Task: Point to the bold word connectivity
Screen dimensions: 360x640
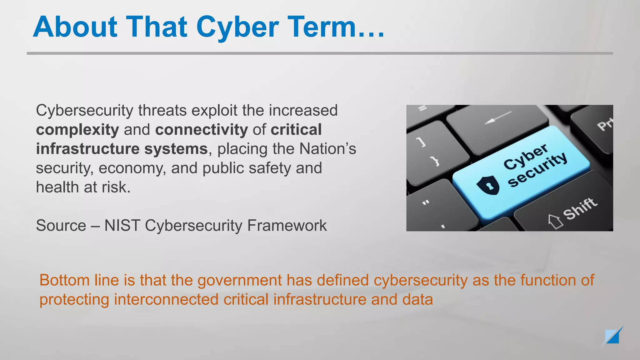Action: tap(201, 130)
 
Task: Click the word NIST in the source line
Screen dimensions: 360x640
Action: tap(122, 226)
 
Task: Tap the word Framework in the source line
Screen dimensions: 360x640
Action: tap(287, 226)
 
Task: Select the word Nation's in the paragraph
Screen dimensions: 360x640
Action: tap(327, 149)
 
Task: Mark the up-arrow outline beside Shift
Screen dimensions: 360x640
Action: tap(556, 221)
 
